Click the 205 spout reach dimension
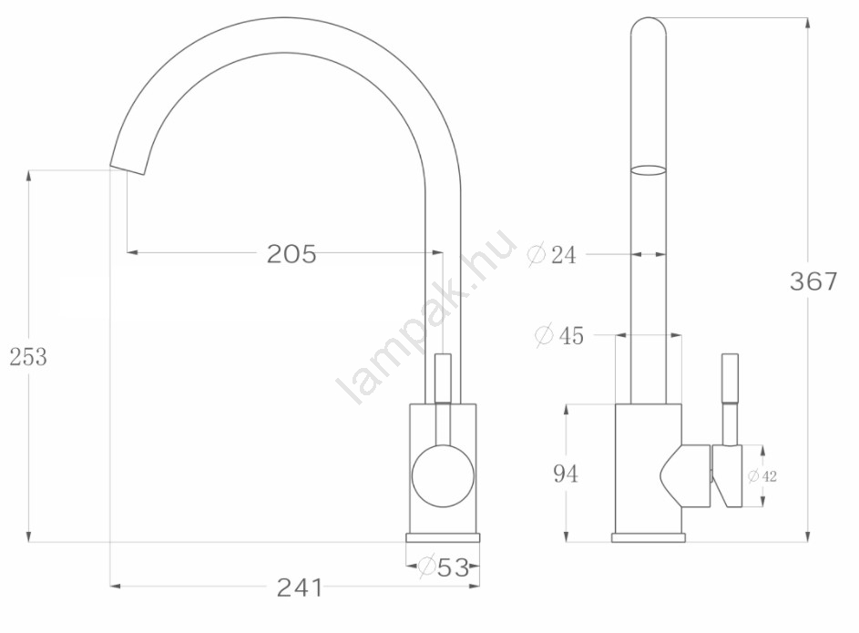pyautogui.click(x=291, y=254)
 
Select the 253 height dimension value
pyautogui.click(x=28, y=357)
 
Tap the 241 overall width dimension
pyautogui.click(x=300, y=587)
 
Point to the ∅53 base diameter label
pyautogui.click(x=444, y=567)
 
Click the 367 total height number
pyautogui.click(x=813, y=281)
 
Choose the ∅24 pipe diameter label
pyautogui.click(x=552, y=254)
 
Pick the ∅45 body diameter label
pyautogui.click(x=559, y=335)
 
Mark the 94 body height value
pyautogui.click(x=566, y=474)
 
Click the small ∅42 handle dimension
pyautogui.click(x=762, y=476)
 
